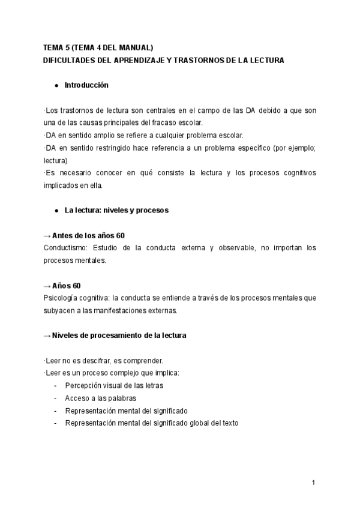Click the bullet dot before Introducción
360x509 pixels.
56,86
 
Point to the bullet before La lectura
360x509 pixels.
56,211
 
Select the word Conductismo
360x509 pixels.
64,248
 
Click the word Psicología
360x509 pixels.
62,298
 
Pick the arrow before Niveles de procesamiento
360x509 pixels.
47,336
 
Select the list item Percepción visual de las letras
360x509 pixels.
114,385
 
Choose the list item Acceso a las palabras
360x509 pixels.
101,398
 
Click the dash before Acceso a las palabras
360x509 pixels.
56,398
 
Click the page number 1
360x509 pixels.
313,482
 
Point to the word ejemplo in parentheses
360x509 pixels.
303,148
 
